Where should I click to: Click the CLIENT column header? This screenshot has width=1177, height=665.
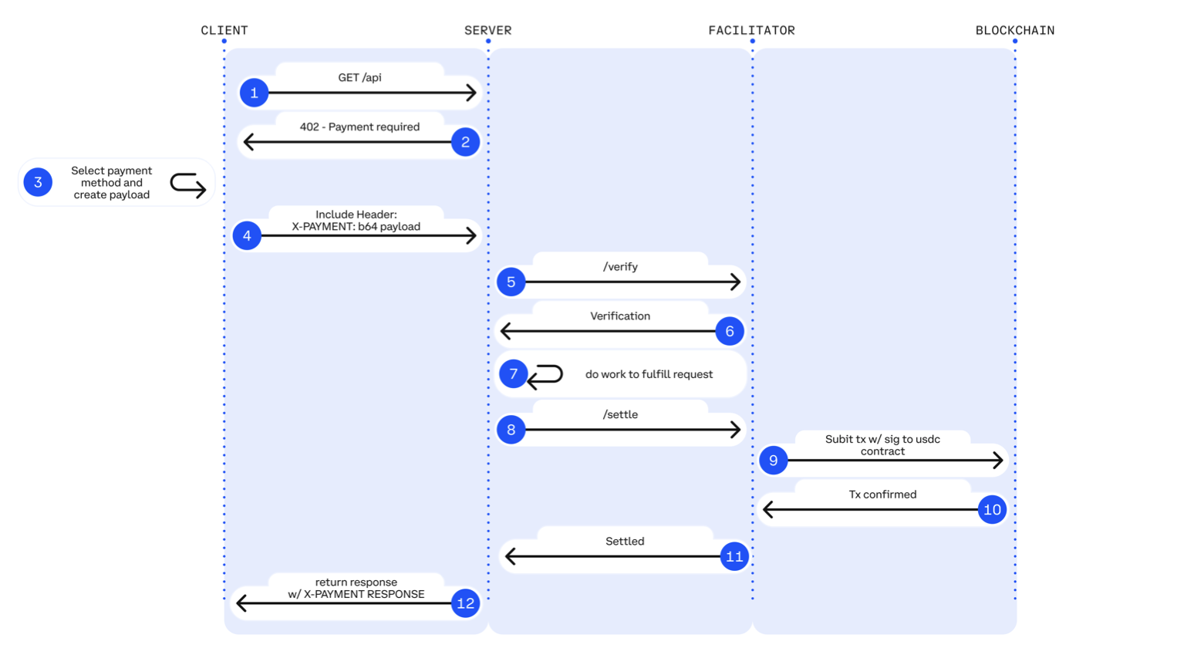coord(224,31)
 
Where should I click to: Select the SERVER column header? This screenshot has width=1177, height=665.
coord(487,31)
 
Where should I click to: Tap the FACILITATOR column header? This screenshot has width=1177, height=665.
coord(751,31)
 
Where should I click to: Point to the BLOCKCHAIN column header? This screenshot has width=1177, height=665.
coord(1014,31)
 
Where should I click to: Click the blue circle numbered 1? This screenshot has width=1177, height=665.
coord(254,93)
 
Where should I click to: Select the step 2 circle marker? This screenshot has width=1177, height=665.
coord(465,142)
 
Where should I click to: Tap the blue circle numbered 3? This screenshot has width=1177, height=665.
coord(38,183)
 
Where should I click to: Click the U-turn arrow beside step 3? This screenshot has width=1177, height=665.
coord(187,185)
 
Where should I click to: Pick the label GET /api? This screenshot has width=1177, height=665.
coord(359,78)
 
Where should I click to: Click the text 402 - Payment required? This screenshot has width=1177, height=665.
coord(359,127)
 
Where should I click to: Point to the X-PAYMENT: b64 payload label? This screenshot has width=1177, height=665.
coord(356,227)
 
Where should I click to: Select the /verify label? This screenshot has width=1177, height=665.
coord(620,267)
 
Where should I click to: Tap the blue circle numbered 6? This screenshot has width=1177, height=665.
coord(730,332)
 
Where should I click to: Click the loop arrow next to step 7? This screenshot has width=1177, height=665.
coord(545,376)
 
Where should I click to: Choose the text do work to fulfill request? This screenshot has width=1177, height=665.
coord(649,375)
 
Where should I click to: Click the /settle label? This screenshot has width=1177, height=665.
coord(620,415)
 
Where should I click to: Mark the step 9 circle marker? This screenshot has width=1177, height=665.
coord(773,461)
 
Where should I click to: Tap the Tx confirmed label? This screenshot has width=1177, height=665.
coord(882,495)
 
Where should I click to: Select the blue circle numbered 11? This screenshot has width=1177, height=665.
coord(734,556)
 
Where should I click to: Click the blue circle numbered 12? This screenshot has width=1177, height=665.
coord(465,603)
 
